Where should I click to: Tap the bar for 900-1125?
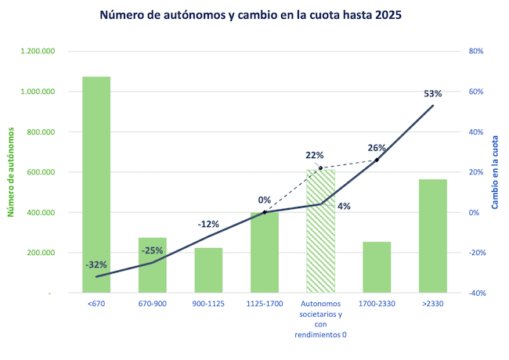pyautogui.click(x=208, y=270)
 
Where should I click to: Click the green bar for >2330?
pyautogui.click(x=432, y=236)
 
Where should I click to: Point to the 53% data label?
pyautogui.click(x=432, y=93)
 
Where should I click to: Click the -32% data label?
pyautogui.click(x=96, y=264)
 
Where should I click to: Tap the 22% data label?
pyautogui.click(x=315, y=155)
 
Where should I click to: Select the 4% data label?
pyautogui.click(x=344, y=207)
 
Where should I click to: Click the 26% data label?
pyautogui.click(x=377, y=147)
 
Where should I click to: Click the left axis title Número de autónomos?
pyautogui.click(x=12, y=172)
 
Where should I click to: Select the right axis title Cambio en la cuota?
pyautogui.click(x=496, y=172)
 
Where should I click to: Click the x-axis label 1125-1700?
pyautogui.click(x=264, y=303)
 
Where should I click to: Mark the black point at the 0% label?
pyautogui.click(x=265, y=212)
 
